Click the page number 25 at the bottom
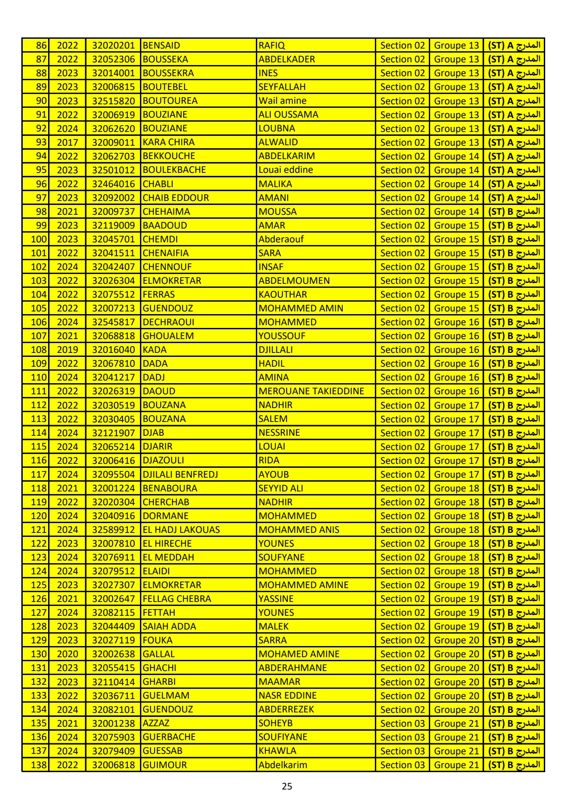(287, 786)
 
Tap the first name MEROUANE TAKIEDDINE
(311, 391)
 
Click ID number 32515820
(113, 101)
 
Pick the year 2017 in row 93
(67, 143)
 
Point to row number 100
(38, 239)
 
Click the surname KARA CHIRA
(168, 142)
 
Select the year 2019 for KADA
(67, 350)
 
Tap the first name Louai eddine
(286, 170)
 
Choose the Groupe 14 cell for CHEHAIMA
(456, 212)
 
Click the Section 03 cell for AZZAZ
(402, 723)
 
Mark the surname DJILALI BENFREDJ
(180, 475)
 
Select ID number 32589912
(113, 530)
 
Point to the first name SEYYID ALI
(280, 488)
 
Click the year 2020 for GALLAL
(67, 654)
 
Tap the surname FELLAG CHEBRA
(177, 599)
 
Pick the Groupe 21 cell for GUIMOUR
(456, 765)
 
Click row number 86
(41, 45)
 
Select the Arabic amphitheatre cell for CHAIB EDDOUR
(514, 198)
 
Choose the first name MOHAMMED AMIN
(301, 308)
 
